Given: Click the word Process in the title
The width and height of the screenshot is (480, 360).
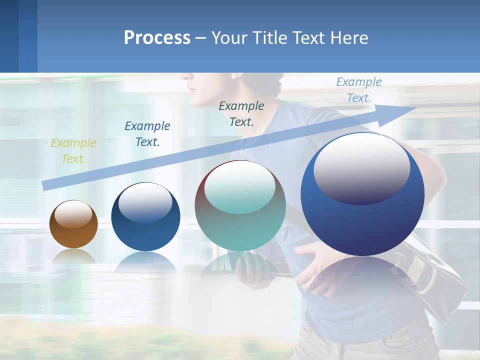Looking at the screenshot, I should (x=157, y=38).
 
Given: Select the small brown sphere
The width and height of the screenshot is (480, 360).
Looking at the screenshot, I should (x=73, y=224).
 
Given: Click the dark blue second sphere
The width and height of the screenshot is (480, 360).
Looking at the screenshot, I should (x=145, y=217).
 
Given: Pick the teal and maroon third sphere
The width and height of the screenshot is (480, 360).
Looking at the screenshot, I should (x=240, y=206).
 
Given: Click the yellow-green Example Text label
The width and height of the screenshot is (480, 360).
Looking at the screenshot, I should (x=73, y=151).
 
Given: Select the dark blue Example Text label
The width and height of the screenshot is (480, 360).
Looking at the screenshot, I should (x=147, y=134).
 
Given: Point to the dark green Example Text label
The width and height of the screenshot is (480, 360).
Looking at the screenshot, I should (x=241, y=113).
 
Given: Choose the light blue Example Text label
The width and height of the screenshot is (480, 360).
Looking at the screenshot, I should (x=359, y=90).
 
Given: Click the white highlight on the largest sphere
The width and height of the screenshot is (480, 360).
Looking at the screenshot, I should (x=362, y=167).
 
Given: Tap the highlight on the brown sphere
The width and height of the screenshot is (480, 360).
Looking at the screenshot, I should (x=73, y=214).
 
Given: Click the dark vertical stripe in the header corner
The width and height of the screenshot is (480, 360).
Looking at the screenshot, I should (x=27, y=36).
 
